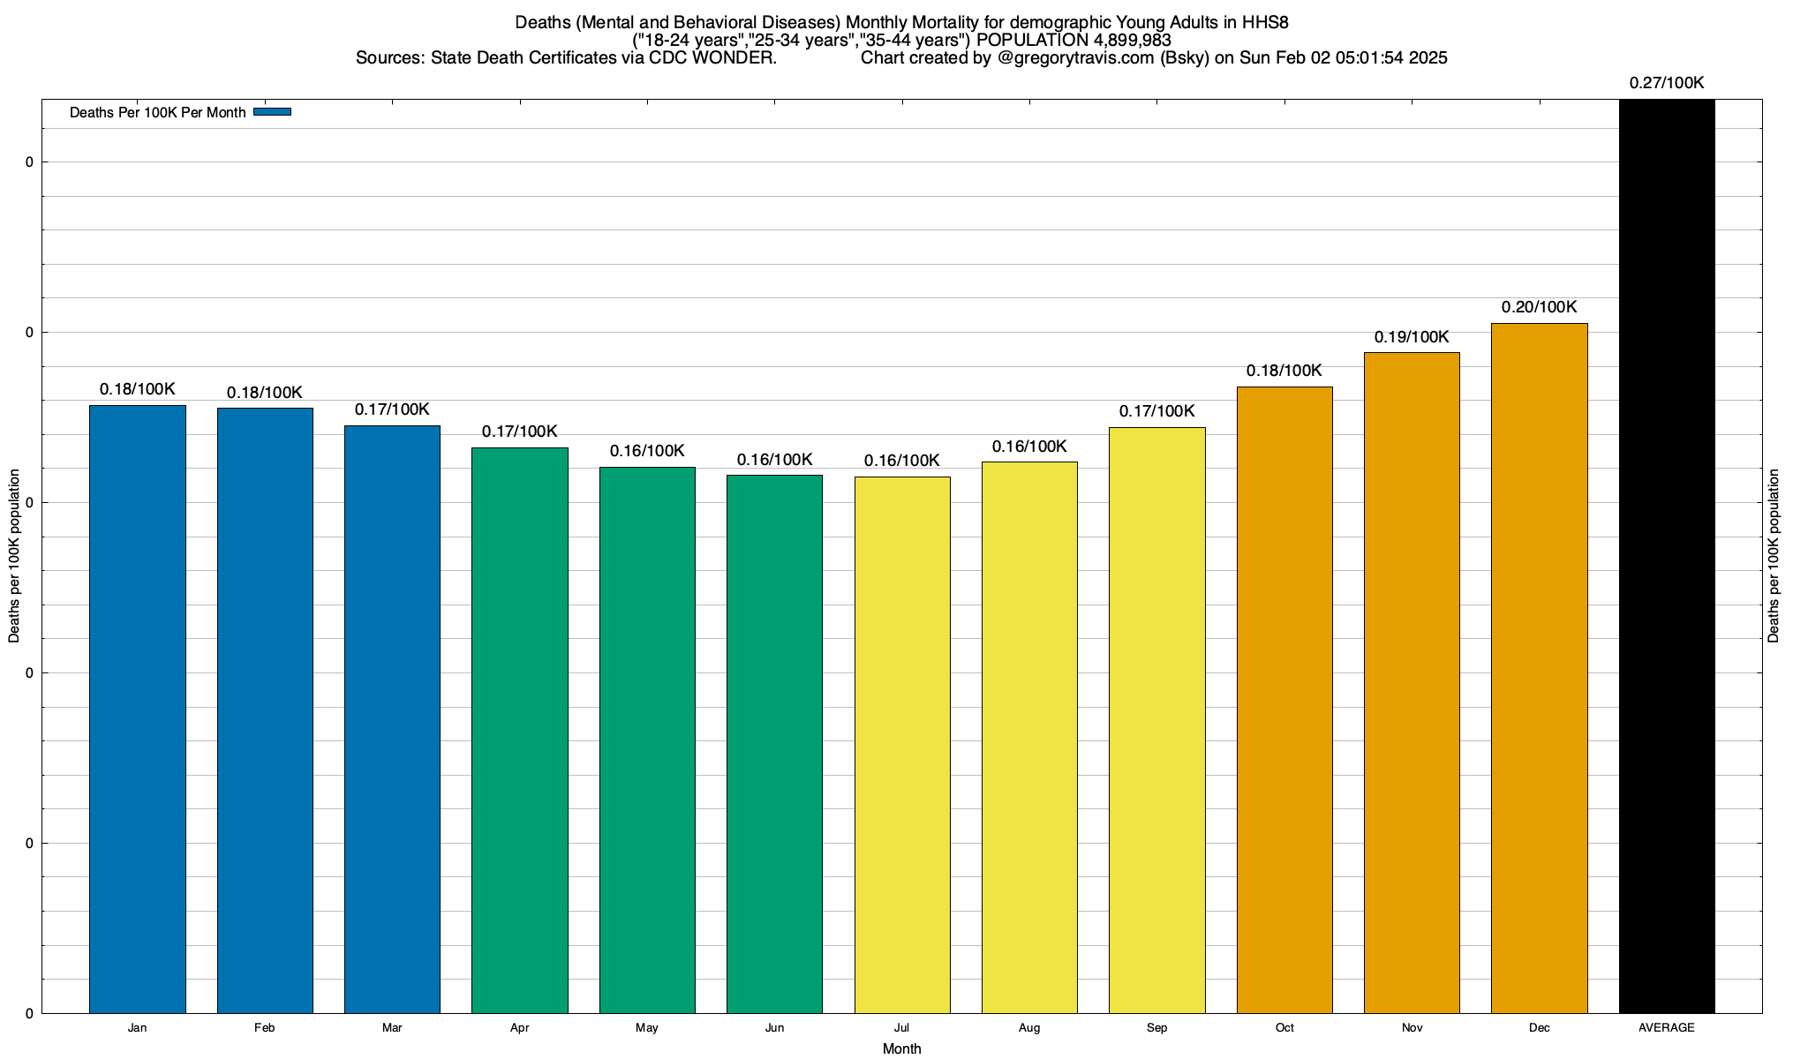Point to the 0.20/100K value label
pyautogui.click(x=1539, y=307)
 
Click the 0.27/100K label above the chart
pyautogui.click(x=1667, y=83)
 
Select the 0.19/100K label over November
pyautogui.click(x=1412, y=337)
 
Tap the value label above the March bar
pyautogui.click(x=392, y=409)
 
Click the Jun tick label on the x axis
pyautogui.click(x=774, y=1028)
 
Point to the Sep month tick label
pyautogui.click(x=1156, y=1028)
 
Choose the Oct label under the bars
pyautogui.click(x=1284, y=1028)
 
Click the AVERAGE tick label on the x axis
pyautogui.click(x=1667, y=1028)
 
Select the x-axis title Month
pyautogui.click(x=901, y=1048)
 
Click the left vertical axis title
pyautogui.click(x=14, y=555)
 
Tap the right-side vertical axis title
pyautogui.click(x=1774, y=555)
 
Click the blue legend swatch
pyautogui.click(x=272, y=112)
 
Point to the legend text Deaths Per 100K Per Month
pyautogui.click(x=157, y=113)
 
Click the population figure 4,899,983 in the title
pyautogui.click(x=1120, y=41)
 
